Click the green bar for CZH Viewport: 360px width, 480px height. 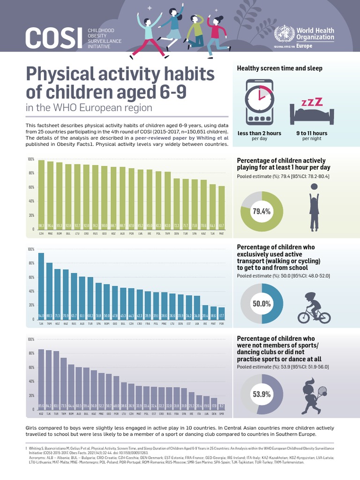pos(41,195)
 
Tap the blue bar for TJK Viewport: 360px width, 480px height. pos(41,286)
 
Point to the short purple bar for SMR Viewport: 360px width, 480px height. pos(221,406)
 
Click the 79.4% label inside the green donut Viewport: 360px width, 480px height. pos(262,211)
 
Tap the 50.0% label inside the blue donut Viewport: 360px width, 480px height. pos(262,304)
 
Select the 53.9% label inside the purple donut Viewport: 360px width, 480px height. pos(262,394)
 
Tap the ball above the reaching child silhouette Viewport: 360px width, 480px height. pos(314,187)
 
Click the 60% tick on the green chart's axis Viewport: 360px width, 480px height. pos(30,187)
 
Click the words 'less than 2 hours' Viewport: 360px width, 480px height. pos(259,133)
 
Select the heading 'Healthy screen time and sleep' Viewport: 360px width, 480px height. pos(279,68)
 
